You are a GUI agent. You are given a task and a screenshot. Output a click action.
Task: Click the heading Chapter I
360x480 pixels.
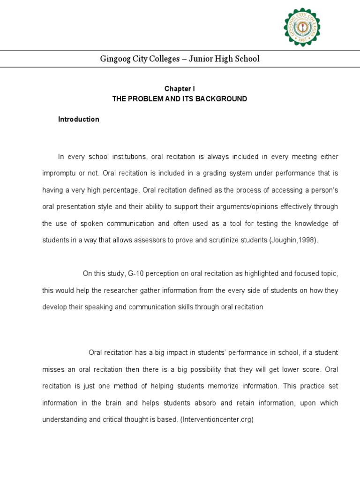pyautogui.click(x=179, y=89)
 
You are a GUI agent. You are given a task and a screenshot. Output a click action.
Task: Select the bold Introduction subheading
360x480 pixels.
pyautogui.click(x=79, y=119)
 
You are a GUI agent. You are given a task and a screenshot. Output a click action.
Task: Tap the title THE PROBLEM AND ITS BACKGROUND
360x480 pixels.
pyautogui.click(x=179, y=99)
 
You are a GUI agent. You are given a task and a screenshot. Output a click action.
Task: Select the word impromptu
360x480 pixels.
pyautogui.click(x=59, y=173)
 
